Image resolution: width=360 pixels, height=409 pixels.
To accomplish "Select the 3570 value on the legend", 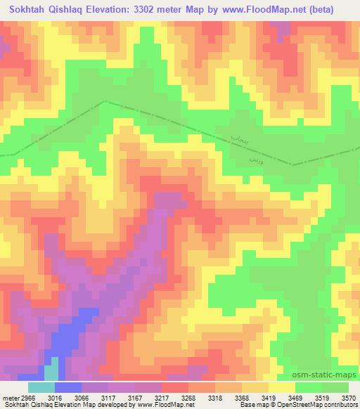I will click(349, 397).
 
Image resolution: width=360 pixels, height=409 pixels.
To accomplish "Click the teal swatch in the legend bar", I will click(41, 387).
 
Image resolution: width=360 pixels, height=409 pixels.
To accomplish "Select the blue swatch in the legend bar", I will click(68, 387).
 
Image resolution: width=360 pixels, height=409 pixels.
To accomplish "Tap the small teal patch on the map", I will click(51, 372).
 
